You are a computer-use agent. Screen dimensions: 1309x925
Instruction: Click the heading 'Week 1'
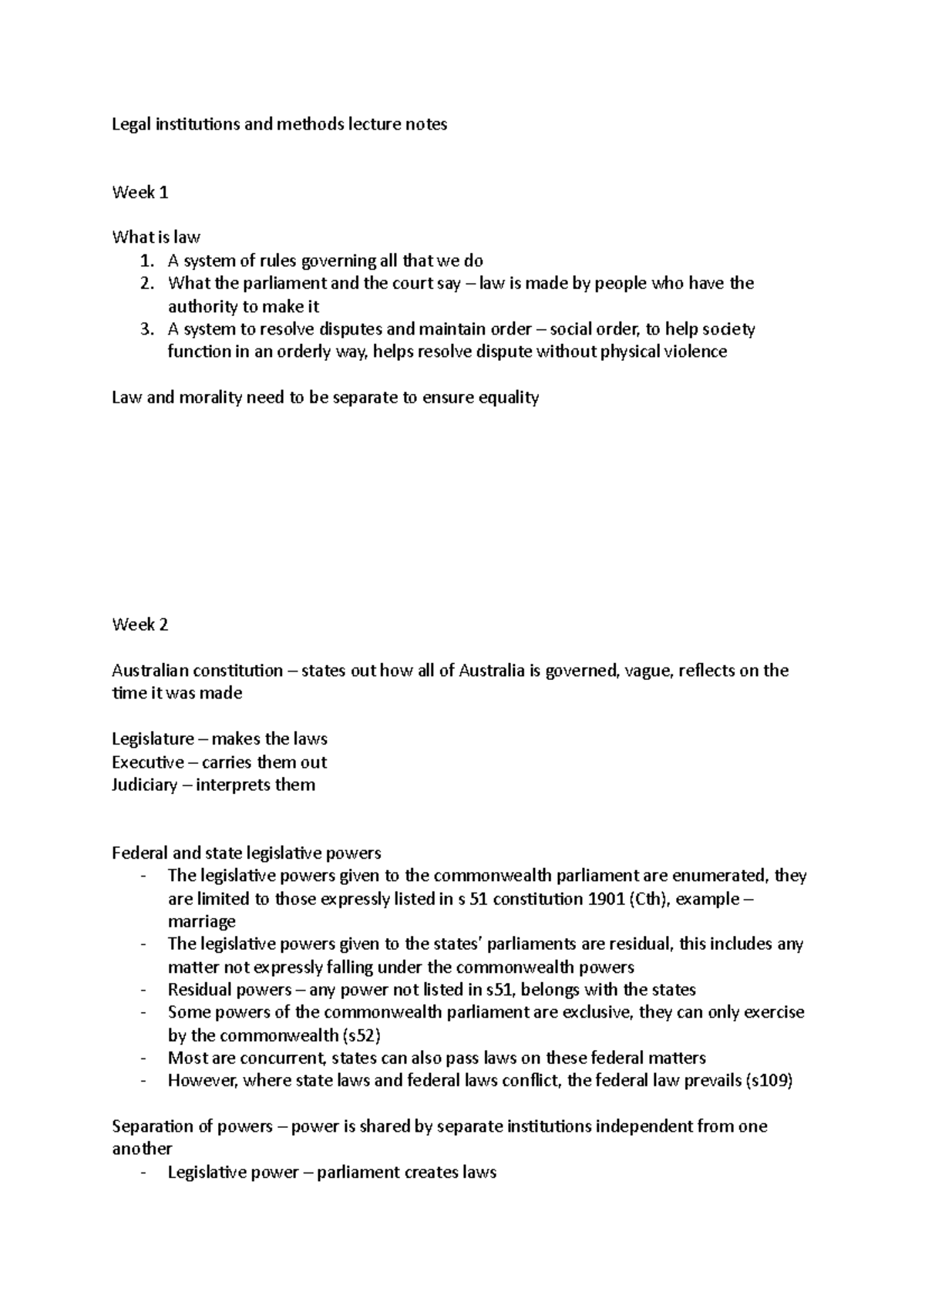pos(140,193)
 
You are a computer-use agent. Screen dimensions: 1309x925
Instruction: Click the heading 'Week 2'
pos(140,624)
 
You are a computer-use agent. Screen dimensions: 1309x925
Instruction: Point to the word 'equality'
pos(508,398)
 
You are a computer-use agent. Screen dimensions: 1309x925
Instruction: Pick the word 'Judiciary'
pos(145,786)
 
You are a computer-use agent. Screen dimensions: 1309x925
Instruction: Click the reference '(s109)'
pos(769,1081)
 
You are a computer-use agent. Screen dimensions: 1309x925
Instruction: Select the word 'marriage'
pos(202,922)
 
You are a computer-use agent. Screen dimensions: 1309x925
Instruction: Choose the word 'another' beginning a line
pos(142,1149)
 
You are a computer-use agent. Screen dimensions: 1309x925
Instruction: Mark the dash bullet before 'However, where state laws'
pos(143,1081)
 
